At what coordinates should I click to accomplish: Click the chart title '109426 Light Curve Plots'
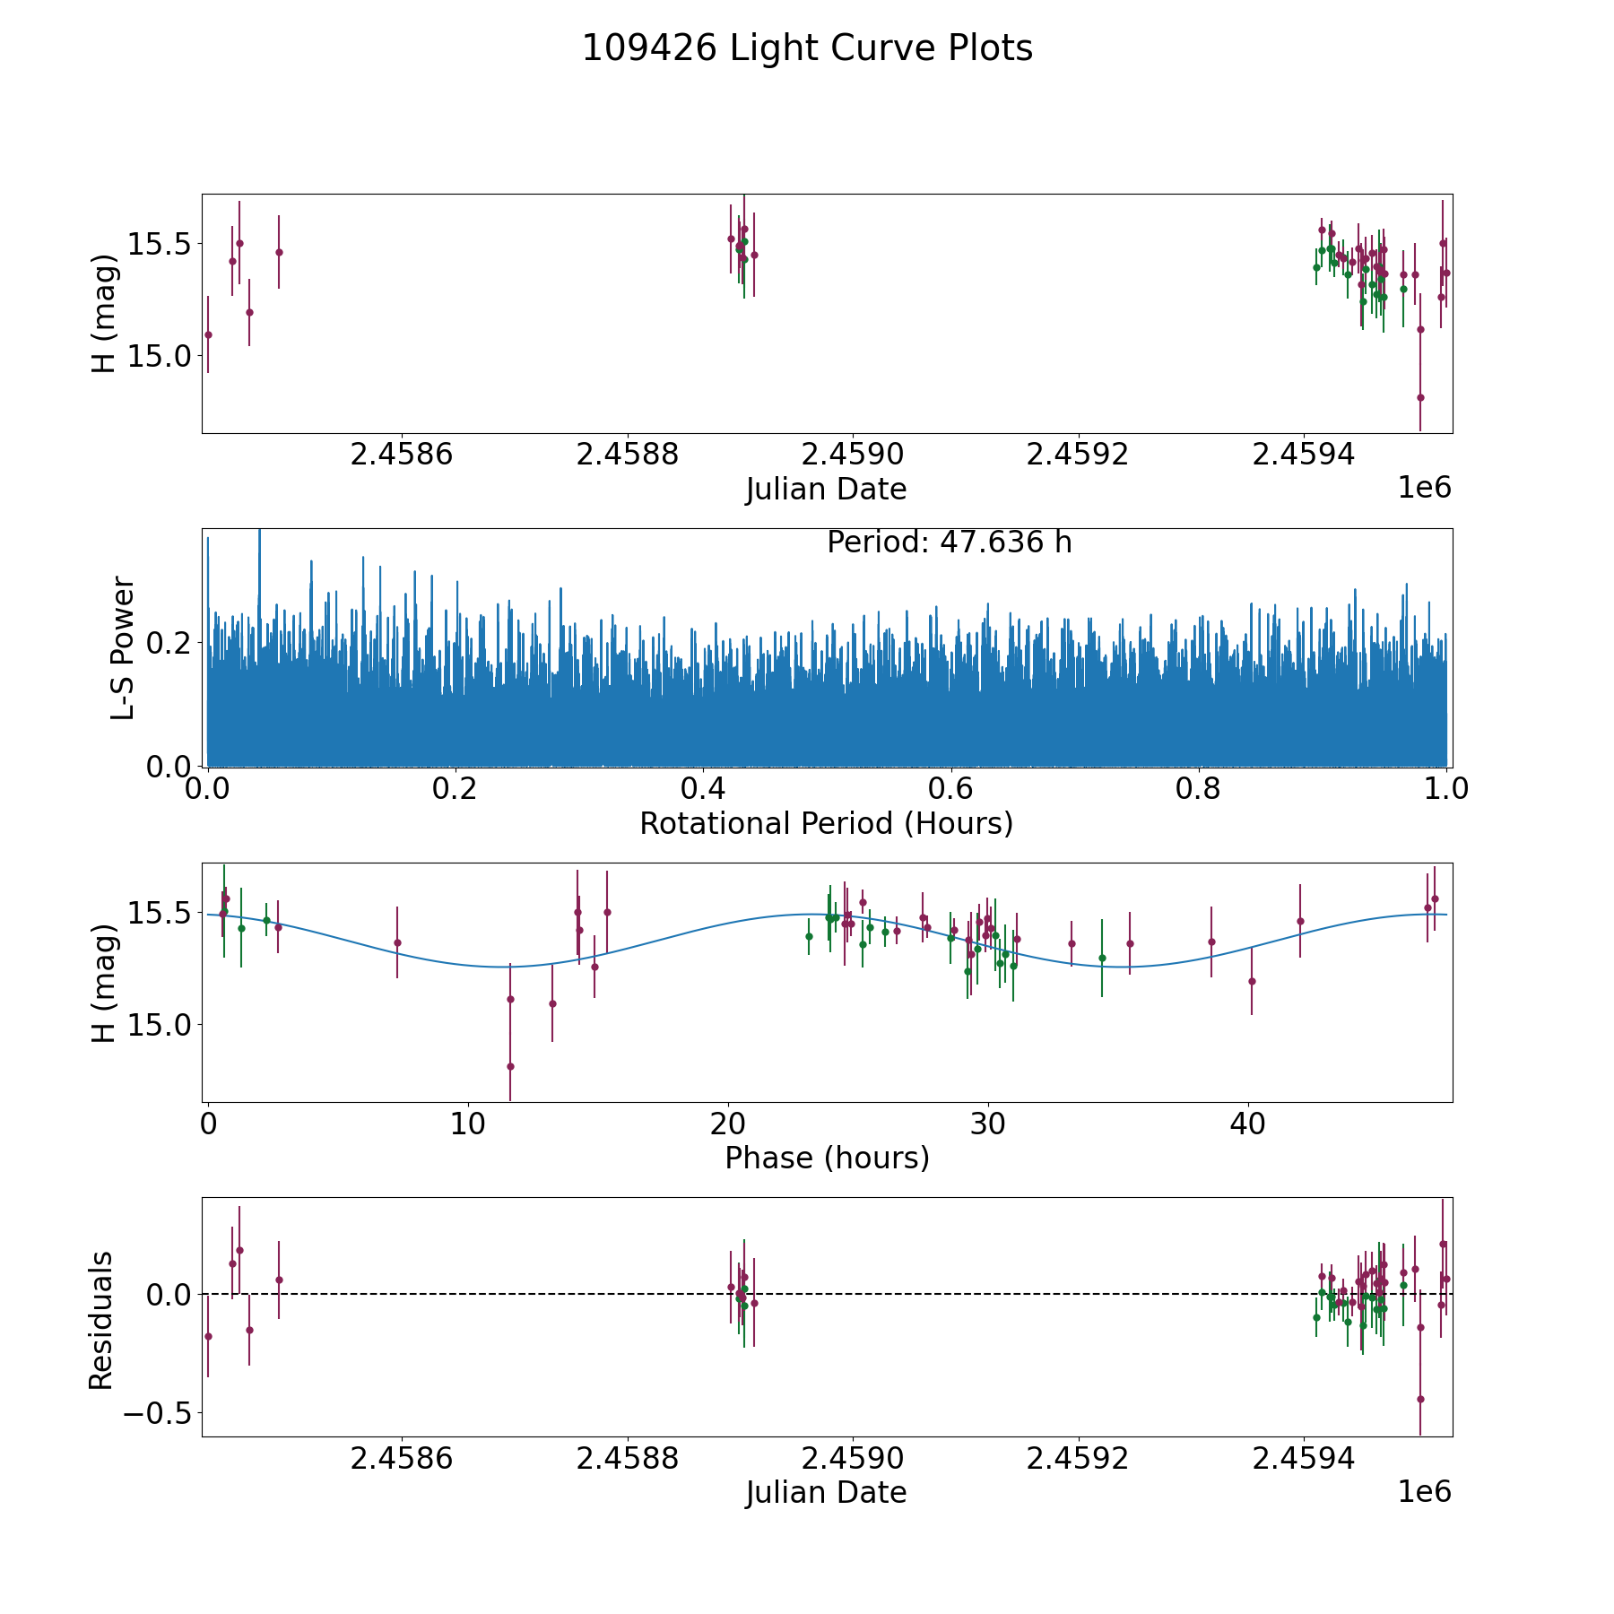point(807,48)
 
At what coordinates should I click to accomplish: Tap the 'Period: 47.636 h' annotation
point(949,542)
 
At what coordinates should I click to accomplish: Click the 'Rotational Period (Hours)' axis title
point(826,823)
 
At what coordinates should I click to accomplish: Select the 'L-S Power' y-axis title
point(123,647)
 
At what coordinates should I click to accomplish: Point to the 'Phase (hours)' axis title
point(826,1158)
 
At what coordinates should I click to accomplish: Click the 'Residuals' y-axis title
point(101,1320)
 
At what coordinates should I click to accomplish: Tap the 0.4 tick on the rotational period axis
point(703,790)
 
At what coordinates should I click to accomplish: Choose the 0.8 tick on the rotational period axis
point(1199,790)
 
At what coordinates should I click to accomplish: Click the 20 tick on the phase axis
point(728,1124)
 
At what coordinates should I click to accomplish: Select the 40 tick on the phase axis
point(1247,1124)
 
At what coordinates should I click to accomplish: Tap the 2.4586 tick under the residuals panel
point(402,1459)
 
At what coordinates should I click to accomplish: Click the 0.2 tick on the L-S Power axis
point(170,643)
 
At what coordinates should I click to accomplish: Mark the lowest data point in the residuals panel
point(1420,1399)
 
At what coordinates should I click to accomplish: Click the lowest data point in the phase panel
point(510,1066)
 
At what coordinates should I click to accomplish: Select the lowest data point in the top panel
point(1420,397)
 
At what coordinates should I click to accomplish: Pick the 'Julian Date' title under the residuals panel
point(826,1493)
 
